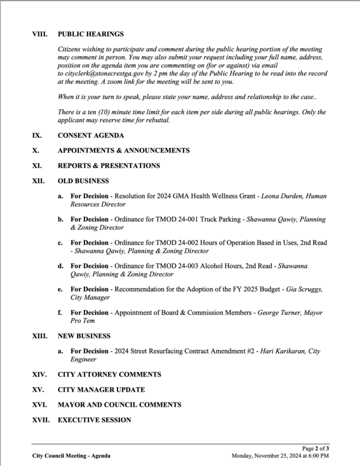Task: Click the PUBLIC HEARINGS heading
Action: point(91,34)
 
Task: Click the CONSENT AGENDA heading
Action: point(91,136)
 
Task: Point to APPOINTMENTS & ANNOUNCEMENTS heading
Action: point(124,151)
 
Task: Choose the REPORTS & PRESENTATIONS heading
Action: point(109,165)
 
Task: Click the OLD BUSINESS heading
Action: point(83,181)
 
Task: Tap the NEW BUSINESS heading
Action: point(84,336)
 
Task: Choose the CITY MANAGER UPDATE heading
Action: point(101,389)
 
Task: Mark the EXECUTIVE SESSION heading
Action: point(94,420)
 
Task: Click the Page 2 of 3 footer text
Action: point(316,449)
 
